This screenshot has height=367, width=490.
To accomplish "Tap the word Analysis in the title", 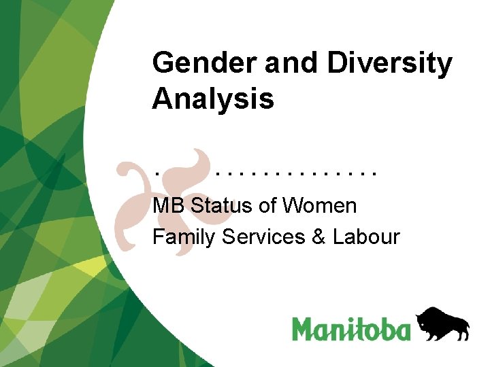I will (x=213, y=99).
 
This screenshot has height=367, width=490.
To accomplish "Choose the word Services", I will (x=263, y=237).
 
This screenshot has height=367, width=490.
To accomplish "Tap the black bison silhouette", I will (x=442, y=324).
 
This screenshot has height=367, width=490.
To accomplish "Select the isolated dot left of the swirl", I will (x=156, y=173).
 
